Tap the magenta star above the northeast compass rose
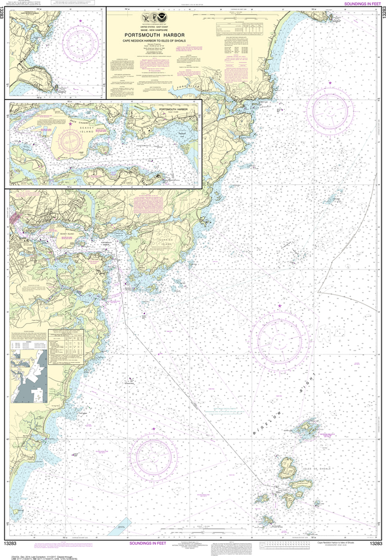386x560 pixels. click(x=330, y=83)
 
